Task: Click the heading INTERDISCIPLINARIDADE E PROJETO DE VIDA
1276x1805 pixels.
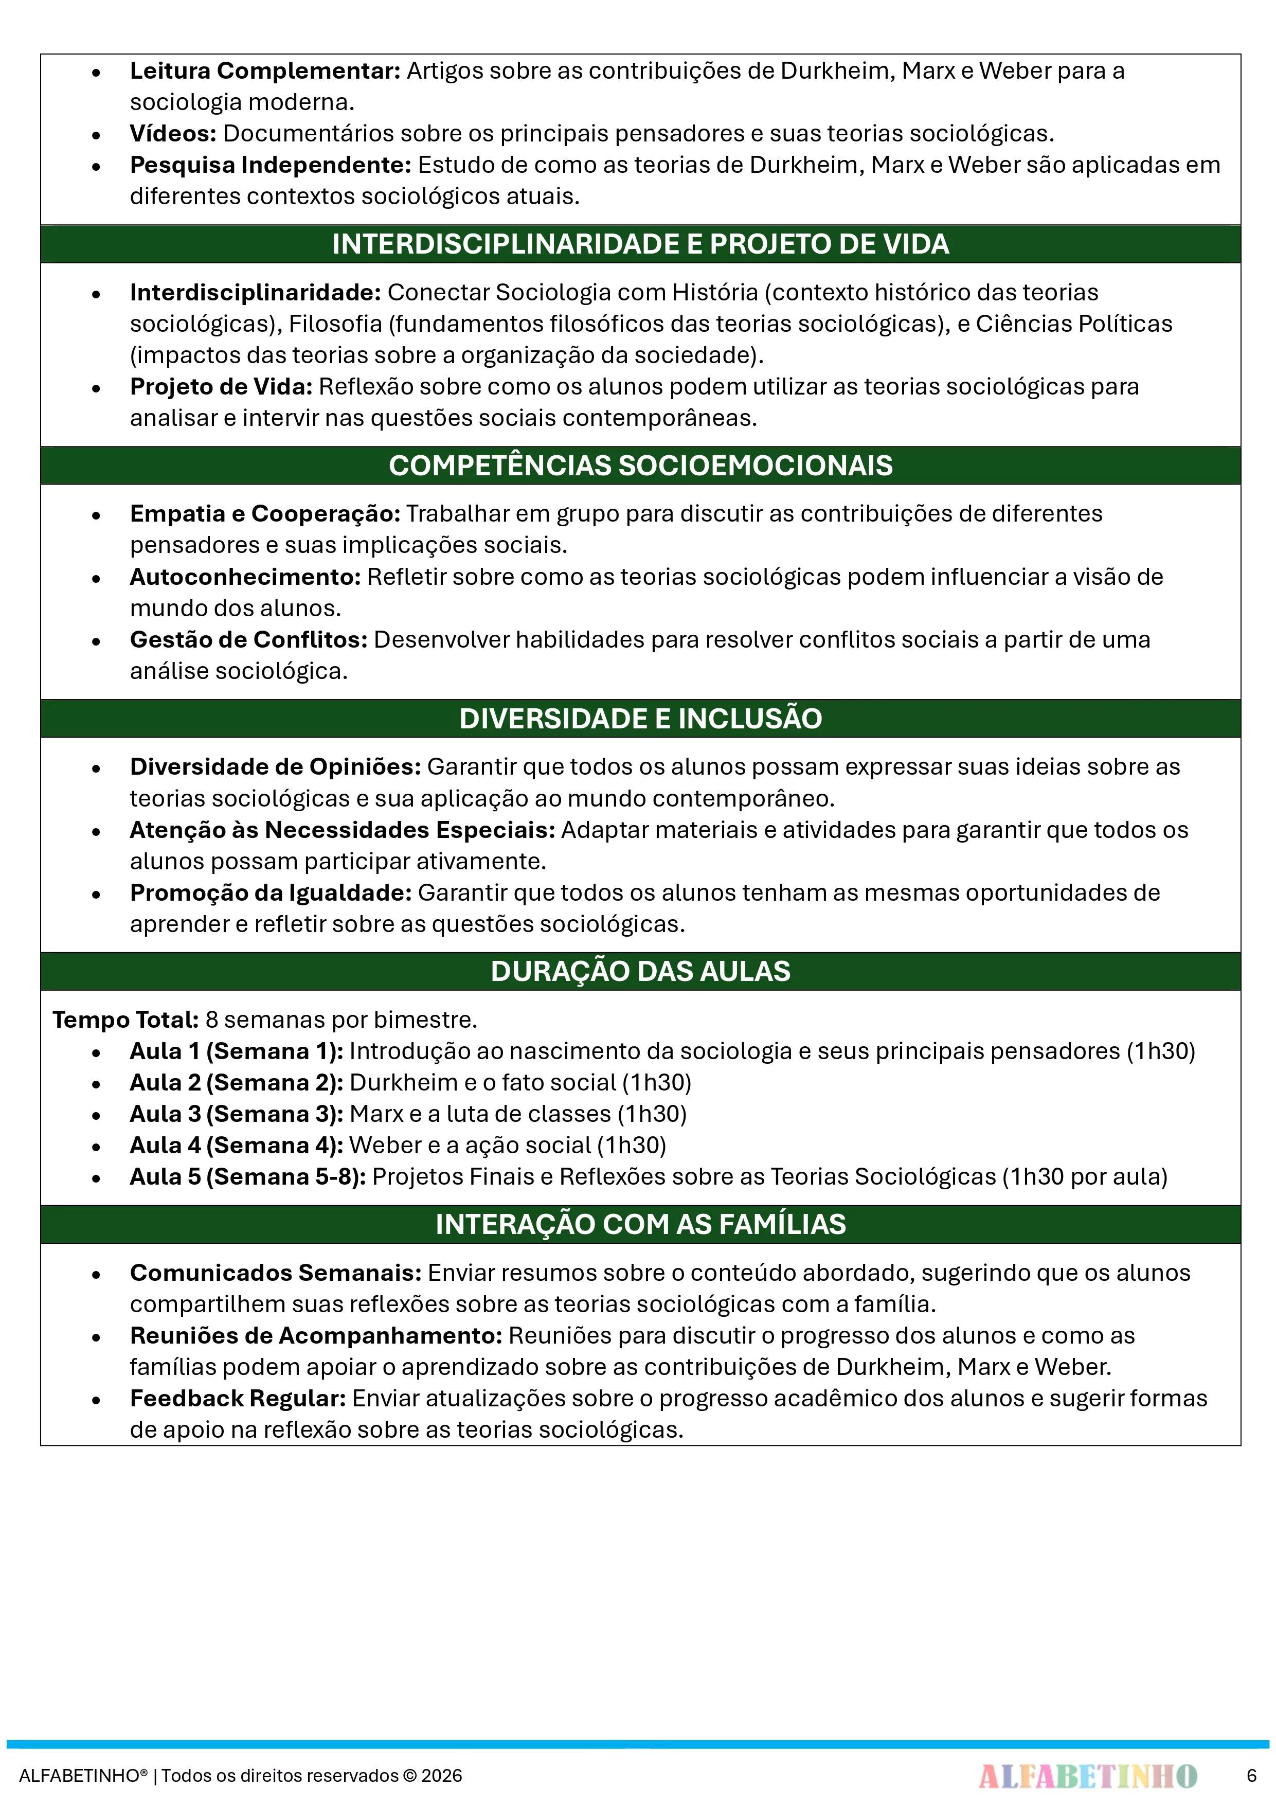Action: [x=640, y=244]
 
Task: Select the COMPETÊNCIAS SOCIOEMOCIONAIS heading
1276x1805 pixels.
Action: [x=640, y=466]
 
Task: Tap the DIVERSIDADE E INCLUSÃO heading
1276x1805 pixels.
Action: [x=640, y=719]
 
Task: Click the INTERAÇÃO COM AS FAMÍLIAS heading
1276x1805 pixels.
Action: [x=640, y=1224]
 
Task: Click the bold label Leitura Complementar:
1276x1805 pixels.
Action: [x=265, y=71]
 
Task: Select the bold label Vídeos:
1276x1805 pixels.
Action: [x=173, y=134]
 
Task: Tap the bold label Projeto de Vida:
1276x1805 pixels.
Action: [x=221, y=387]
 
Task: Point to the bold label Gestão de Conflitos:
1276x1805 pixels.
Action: [x=248, y=640]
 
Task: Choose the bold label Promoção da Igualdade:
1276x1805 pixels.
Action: [x=271, y=893]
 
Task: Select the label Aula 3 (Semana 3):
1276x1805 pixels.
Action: [x=236, y=1114]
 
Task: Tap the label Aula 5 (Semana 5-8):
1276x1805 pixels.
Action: [x=248, y=1177]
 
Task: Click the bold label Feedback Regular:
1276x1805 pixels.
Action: [x=238, y=1399]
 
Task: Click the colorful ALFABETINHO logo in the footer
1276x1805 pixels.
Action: [x=1087, y=1775]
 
